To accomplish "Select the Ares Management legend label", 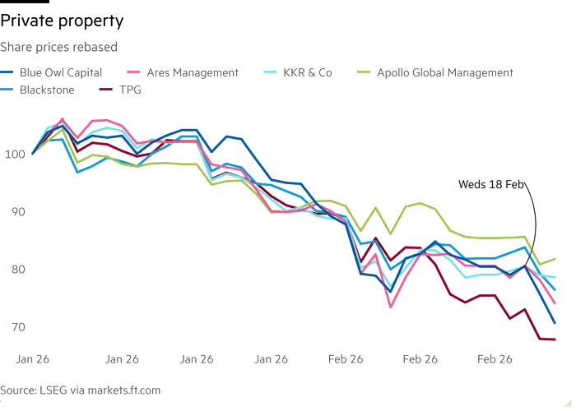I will [x=193, y=72].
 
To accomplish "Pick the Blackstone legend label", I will [x=49, y=90].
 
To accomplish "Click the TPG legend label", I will [x=132, y=90].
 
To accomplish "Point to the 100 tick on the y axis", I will [x=16, y=154].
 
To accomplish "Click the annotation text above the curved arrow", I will [x=490, y=184].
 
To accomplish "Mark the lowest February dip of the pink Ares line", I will [x=389, y=306].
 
